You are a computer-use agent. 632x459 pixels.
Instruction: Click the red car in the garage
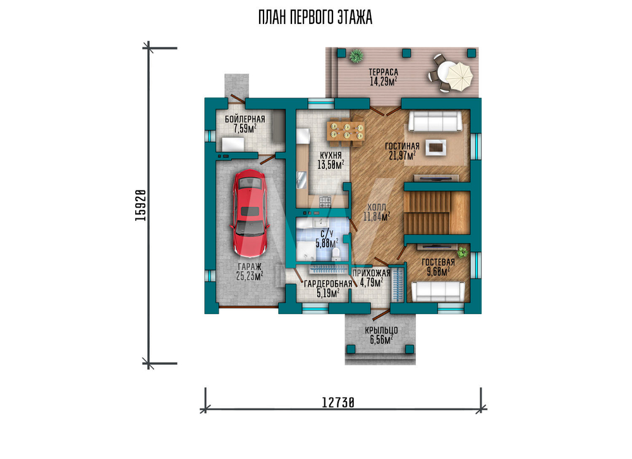(x=248, y=213)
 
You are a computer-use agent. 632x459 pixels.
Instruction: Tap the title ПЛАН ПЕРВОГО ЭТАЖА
(x=315, y=18)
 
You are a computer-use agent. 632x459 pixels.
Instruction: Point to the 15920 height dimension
(x=140, y=205)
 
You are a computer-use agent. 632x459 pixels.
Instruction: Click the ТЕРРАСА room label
(x=384, y=72)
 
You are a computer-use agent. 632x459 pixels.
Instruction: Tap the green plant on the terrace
(x=355, y=56)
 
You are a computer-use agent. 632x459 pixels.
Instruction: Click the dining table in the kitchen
(x=346, y=130)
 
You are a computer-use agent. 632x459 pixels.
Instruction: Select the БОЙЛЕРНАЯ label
(x=245, y=119)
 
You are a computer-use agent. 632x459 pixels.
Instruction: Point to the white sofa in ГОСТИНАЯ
(x=435, y=121)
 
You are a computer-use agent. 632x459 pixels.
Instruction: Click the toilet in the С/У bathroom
(x=335, y=253)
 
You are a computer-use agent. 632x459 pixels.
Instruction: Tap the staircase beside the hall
(x=437, y=212)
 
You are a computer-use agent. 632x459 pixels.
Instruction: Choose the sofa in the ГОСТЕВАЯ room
(x=437, y=291)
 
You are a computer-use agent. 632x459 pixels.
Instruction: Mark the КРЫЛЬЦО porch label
(x=381, y=330)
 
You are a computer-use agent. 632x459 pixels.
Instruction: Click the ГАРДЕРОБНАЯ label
(x=328, y=284)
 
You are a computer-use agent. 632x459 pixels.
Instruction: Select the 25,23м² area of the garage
(x=250, y=276)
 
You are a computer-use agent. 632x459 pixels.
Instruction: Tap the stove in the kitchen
(x=325, y=201)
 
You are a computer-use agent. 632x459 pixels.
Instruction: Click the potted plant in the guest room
(x=462, y=253)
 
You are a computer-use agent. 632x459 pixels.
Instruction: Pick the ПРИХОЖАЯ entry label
(x=371, y=274)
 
